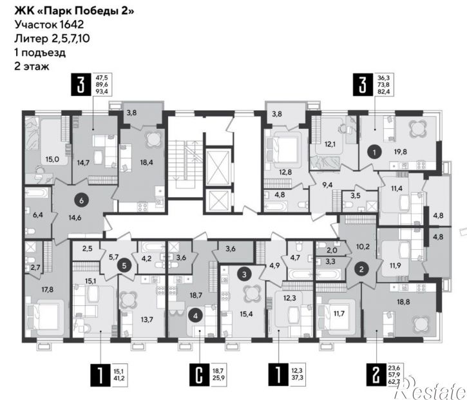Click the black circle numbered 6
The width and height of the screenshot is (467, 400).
[81, 200]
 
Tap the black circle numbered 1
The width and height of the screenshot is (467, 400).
[375, 152]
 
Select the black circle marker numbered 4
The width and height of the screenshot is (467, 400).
[195, 316]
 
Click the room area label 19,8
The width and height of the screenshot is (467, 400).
[400, 151]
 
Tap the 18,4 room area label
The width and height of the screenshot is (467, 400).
[146, 162]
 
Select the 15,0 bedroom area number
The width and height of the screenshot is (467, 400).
[52, 159]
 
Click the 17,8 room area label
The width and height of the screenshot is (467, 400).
[48, 289]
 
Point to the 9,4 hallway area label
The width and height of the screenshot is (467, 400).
[327, 185]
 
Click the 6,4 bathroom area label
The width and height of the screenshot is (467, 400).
[38, 214]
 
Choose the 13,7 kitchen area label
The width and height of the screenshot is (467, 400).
[147, 319]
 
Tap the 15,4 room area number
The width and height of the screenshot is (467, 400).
[246, 314]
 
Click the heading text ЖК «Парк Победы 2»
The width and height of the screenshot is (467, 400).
[74, 11]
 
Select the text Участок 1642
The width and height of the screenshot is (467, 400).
[49, 24]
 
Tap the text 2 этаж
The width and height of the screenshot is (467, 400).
[32, 66]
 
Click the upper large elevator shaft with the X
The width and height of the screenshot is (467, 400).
[218, 167]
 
